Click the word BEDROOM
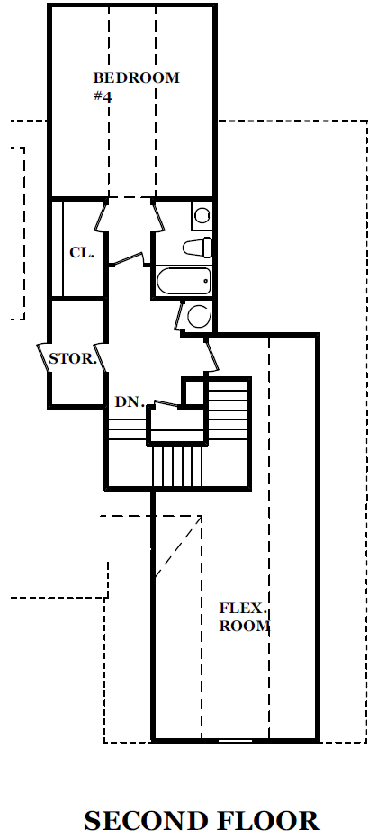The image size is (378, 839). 136,77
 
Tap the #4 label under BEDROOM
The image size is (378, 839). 102,97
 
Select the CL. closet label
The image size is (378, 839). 82,252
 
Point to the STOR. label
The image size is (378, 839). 73,358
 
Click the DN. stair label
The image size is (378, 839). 130,401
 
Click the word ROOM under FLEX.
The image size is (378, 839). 244,626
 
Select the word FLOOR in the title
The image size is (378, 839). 267,820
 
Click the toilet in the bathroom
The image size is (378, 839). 197,248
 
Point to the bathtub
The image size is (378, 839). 184,281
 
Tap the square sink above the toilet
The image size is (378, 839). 202,216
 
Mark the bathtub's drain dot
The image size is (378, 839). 205,280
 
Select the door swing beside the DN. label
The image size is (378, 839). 166,403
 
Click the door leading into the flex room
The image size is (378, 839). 212,355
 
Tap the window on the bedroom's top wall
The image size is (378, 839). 132,5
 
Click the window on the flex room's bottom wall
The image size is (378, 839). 235,741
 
